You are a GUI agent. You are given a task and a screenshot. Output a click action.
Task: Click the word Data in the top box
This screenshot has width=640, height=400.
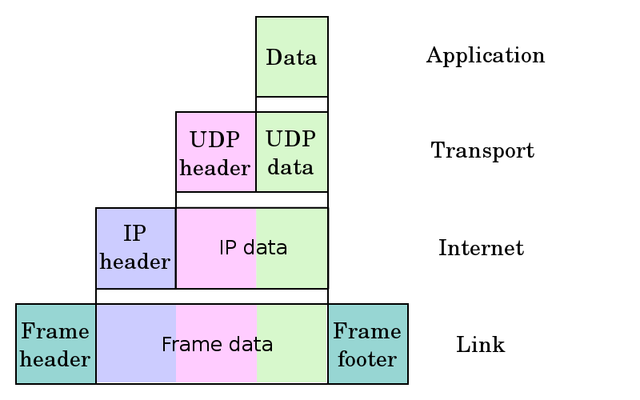291,58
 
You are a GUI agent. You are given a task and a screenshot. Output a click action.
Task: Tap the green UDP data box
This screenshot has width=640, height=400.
292,152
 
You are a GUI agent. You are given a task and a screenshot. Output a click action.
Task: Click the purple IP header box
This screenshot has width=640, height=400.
135,248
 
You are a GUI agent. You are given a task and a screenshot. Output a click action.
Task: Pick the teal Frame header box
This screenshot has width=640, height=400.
56,344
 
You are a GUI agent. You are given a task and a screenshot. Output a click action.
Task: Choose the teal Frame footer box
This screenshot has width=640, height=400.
367,344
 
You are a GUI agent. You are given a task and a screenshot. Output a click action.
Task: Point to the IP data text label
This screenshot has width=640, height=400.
253,248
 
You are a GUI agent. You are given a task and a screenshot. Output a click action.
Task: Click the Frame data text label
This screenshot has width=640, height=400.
217,345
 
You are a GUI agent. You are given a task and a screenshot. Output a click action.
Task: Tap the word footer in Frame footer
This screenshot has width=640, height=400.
367,358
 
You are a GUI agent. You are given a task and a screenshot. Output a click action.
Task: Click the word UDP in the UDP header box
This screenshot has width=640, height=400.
214,140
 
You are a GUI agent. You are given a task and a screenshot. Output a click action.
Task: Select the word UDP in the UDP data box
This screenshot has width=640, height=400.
290,139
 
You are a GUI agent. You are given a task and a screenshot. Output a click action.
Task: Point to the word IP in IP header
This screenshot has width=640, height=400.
134,234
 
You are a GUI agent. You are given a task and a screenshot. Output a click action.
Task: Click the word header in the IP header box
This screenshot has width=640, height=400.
135,262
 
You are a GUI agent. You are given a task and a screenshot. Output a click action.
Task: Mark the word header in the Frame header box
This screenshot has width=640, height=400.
55,359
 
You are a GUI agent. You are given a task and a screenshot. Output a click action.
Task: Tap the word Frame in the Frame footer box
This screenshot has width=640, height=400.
367,330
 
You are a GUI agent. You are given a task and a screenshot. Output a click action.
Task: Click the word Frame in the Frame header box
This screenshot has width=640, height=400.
54,330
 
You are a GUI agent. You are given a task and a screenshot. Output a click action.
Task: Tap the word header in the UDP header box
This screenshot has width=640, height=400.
215,168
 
